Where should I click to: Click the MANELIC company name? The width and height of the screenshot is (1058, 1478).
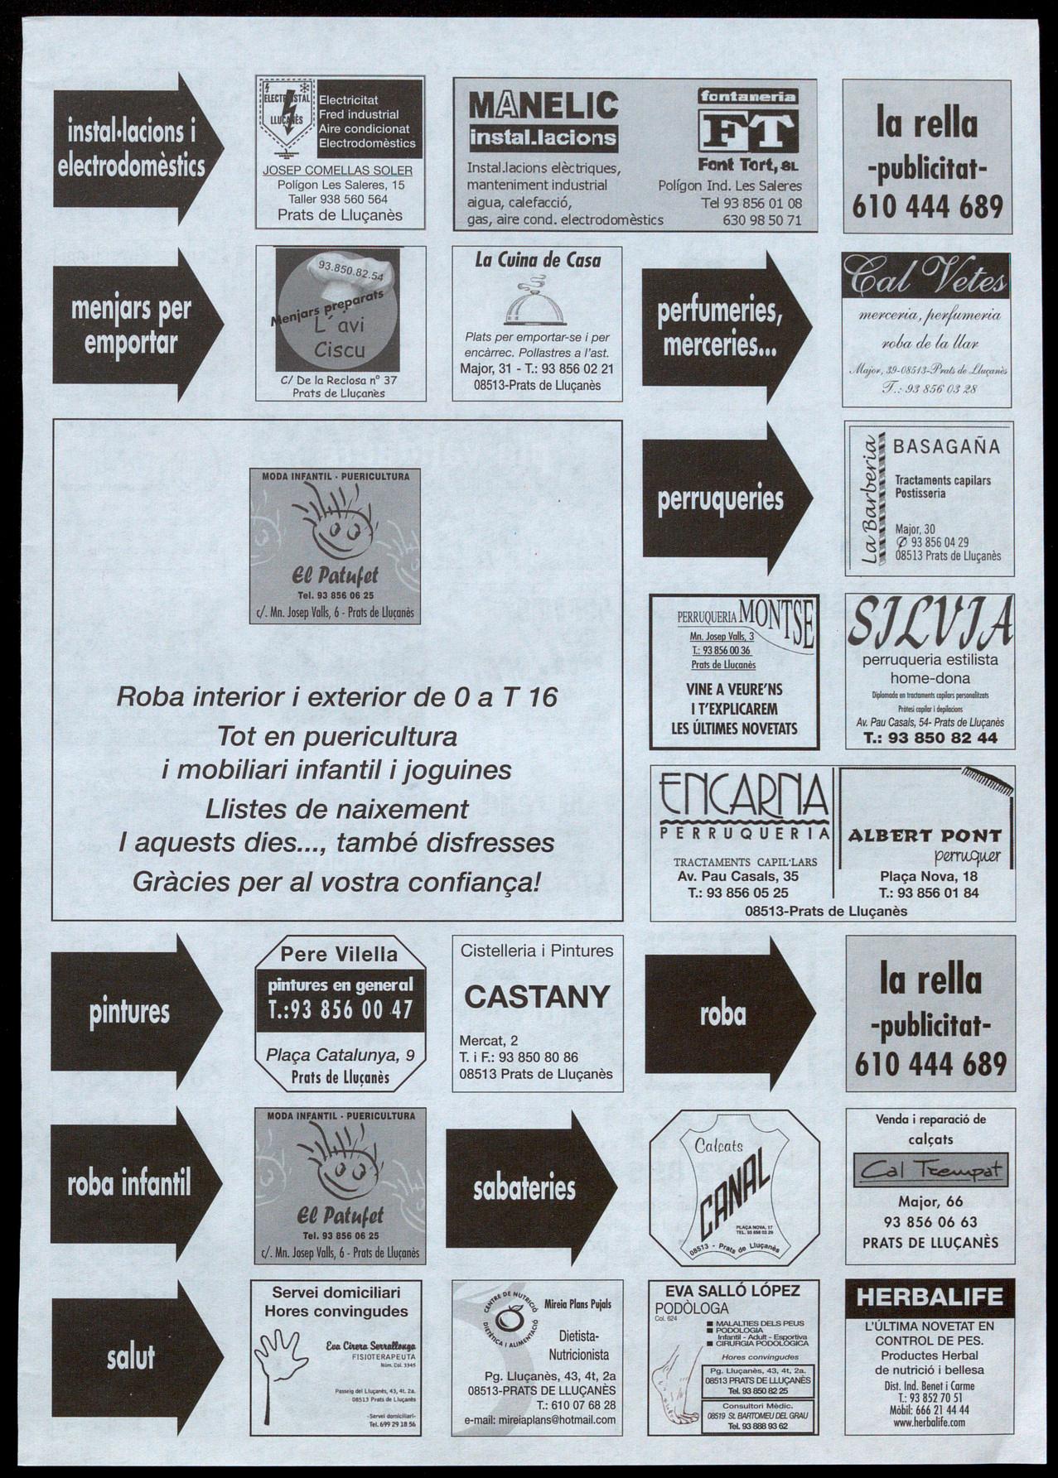[x=543, y=107]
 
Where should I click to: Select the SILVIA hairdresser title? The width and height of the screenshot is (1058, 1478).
[x=930, y=623]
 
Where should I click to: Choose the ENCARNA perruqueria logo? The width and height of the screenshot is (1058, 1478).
[x=744, y=798]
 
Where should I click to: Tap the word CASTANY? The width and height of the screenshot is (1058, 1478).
[x=537, y=997]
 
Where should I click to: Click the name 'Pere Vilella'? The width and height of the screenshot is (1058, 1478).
[x=338, y=955]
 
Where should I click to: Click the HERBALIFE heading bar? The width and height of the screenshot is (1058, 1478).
[x=930, y=1297]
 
